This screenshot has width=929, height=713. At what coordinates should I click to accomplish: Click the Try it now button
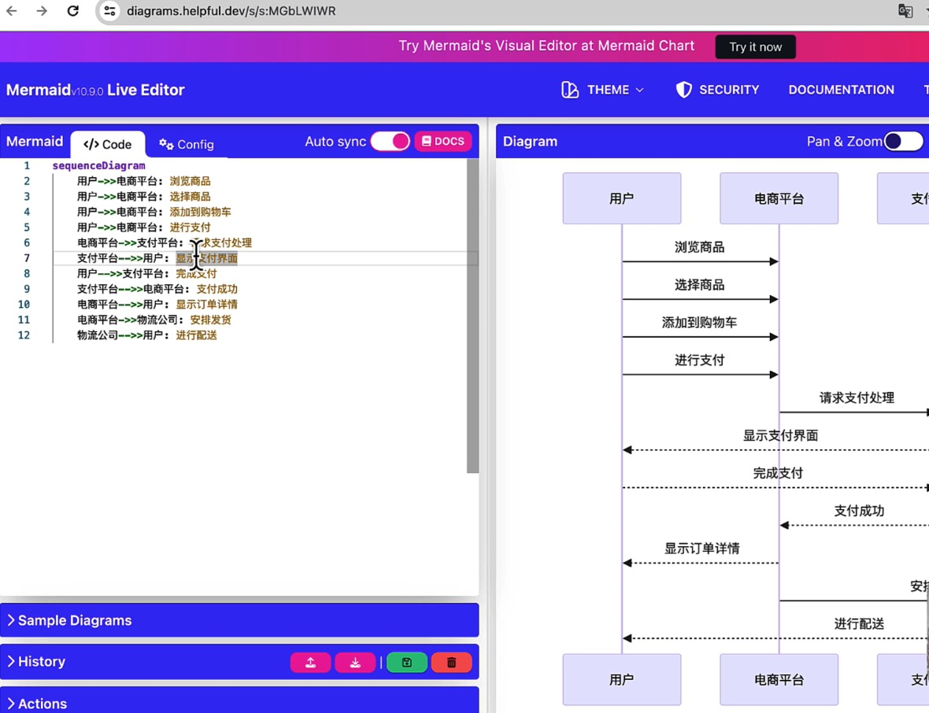pos(755,47)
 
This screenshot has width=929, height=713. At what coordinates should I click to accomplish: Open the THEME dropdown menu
pos(603,90)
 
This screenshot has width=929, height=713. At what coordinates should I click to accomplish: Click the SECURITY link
pos(717,90)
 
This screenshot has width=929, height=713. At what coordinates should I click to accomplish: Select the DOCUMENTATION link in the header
pos(841,90)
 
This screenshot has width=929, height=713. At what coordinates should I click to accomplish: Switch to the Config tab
pos(187,144)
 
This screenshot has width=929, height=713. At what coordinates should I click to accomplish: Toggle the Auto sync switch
pos(390,142)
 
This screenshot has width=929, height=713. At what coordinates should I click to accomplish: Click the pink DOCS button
pos(442,142)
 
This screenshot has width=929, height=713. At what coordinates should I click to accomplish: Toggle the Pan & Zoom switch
pos(903,142)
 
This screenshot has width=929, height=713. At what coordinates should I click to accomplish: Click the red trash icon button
pos(451,663)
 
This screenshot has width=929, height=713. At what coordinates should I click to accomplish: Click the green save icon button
pos(407,663)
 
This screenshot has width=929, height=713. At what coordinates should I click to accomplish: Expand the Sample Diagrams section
pos(75,620)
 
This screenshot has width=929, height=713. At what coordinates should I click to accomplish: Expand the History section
pos(41,662)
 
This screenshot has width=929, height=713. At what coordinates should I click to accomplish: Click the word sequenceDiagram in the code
pos(98,166)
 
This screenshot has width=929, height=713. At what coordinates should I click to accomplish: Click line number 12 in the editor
pos(24,335)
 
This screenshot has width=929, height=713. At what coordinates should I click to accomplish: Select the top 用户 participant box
pos(621,198)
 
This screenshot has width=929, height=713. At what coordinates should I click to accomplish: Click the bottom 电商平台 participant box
pos(779,679)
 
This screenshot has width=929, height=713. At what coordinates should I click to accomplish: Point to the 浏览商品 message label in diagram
pos(699,247)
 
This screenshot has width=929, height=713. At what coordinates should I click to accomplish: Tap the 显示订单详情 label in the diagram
pos(701,549)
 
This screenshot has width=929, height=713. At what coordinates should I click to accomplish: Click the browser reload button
pos(72,11)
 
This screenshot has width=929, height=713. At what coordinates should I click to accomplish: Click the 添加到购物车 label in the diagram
pos(699,323)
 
